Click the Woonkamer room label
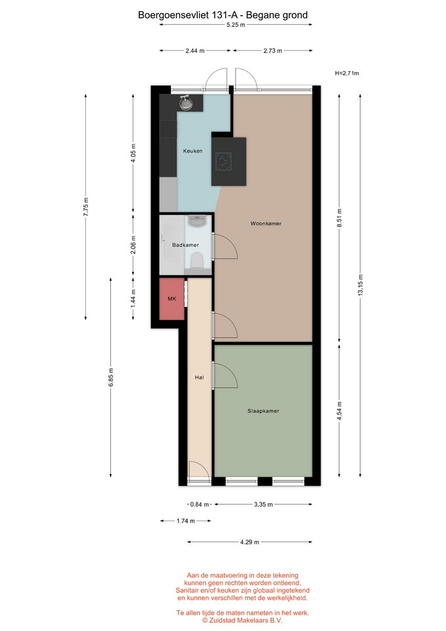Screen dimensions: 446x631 pyautogui.click(x=266, y=223)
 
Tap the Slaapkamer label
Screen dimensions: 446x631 pyautogui.click(x=263, y=411)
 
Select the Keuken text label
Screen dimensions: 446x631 pyautogui.click(x=192, y=151)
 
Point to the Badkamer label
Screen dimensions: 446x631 pyautogui.click(x=185, y=245)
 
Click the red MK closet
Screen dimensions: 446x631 pyautogui.click(x=171, y=298)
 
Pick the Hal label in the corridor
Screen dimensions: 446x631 pyautogui.click(x=199, y=377)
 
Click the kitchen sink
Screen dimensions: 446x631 pyautogui.click(x=185, y=103)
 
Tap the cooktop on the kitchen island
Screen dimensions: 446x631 pyautogui.click(x=223, y=162)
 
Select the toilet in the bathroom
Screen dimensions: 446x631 pyautogui.click(x=196, y=260)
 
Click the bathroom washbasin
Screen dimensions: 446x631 pyautogui.click(x=196, y=221)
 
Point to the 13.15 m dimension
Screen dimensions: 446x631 pyautogui.click(x=361, y=285)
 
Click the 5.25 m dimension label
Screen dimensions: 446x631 pyautogui.click(x=236, y=24)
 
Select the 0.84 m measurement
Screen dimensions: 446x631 pyautogui.click(x=200, y=504)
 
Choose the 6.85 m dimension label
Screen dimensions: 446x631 pyautogui.click(x=111, y=377)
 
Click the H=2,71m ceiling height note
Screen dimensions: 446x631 pyautogui.click(x=347, y=73)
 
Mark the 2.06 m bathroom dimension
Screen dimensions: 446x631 pyautogui.click(x=133, y=245)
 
